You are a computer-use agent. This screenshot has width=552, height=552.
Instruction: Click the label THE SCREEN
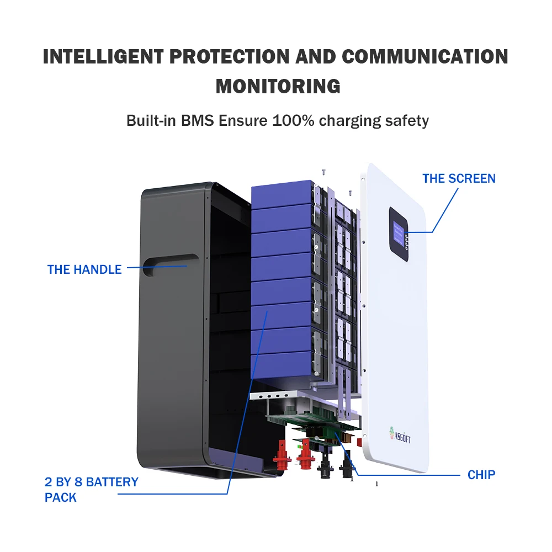click(x=459, y=178)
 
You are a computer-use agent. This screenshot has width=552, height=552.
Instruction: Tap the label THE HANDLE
click(x=84, y=269)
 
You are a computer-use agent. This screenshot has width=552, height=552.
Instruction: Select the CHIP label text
click(x=481, y=475)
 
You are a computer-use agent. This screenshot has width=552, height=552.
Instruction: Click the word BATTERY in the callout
click(x=112, y=482)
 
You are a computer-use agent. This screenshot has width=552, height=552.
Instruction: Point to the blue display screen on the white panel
click(x=399, y=233)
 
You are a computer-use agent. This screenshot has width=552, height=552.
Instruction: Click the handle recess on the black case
click(x=171, y=264)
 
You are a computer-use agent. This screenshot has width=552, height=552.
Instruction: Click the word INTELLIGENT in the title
click(x=103, y=57)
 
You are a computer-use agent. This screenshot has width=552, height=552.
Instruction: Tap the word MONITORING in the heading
click(x=278, y=87)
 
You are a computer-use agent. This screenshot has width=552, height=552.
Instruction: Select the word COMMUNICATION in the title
click(x=425, y=57)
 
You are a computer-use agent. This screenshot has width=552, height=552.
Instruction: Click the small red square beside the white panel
click(x=359, y=442)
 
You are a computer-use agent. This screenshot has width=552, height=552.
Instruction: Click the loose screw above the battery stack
click(x=324, y=172)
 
